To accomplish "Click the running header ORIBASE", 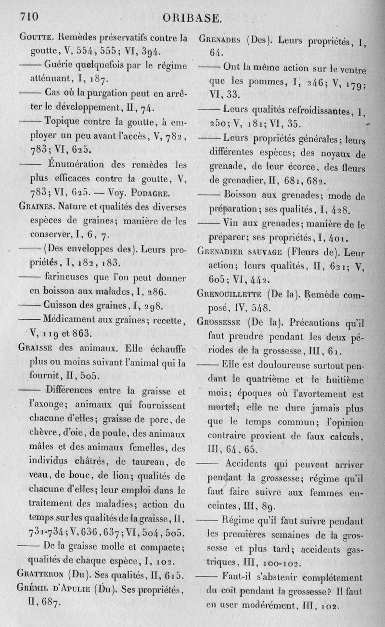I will point(192,19).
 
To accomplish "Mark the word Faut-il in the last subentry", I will point(239,577).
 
